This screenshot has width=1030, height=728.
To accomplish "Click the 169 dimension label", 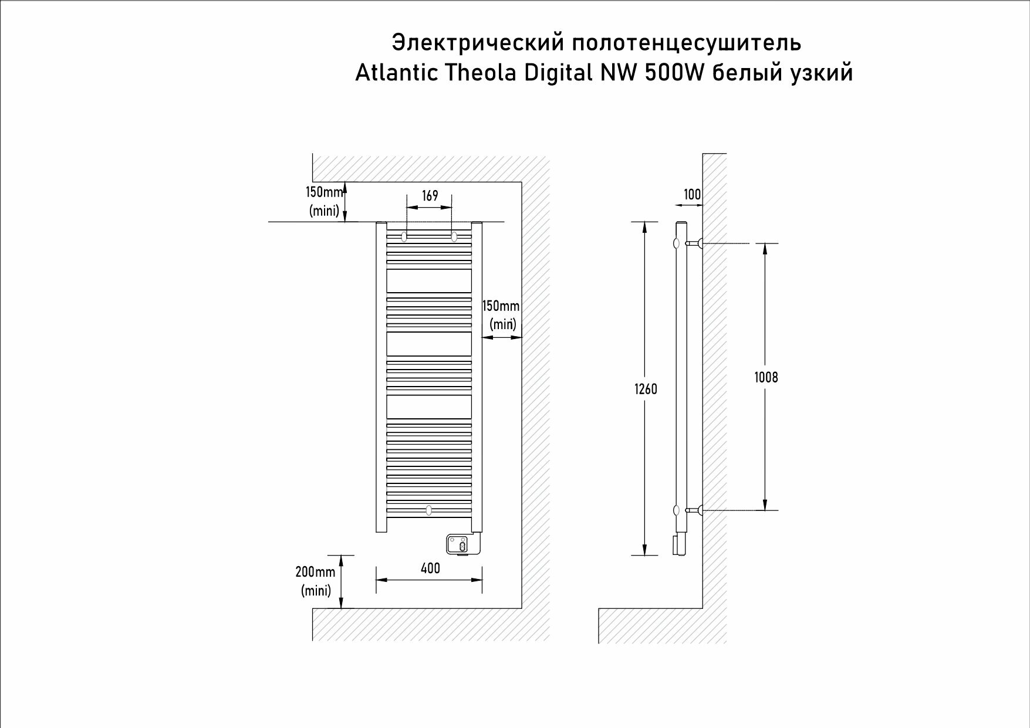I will [430, 195].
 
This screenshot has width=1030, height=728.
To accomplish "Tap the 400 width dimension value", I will [430, 568].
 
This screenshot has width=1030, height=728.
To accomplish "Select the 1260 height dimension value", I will [646, 389].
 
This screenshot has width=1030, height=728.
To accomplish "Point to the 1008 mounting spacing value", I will [766, 377].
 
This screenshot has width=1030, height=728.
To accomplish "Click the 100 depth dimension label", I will [693, 194].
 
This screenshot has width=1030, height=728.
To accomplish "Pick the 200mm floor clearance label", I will [316, 572].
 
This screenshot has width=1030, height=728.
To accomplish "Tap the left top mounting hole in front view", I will [404, 236].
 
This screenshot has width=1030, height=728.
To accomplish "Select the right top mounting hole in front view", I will [454, 236].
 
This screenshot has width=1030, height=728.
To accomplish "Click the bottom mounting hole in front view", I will [429, 510].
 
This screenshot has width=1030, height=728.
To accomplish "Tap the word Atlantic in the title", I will [396, 73].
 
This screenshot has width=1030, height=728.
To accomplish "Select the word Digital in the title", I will [558, 73].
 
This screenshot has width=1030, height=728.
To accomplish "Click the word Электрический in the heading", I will [478, 43].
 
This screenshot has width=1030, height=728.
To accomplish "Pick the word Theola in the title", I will [481, 73].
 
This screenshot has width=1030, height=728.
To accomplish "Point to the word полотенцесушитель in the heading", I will [687, 43].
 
